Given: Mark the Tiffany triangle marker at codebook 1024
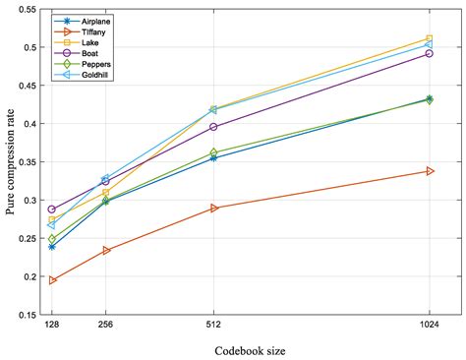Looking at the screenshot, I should [429, 171].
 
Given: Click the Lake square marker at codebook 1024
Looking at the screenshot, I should [429, 38].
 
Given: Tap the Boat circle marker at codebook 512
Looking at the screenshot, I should [213, 127].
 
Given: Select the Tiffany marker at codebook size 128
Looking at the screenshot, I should [52, 280].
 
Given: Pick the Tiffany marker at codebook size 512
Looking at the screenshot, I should [213, 209].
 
